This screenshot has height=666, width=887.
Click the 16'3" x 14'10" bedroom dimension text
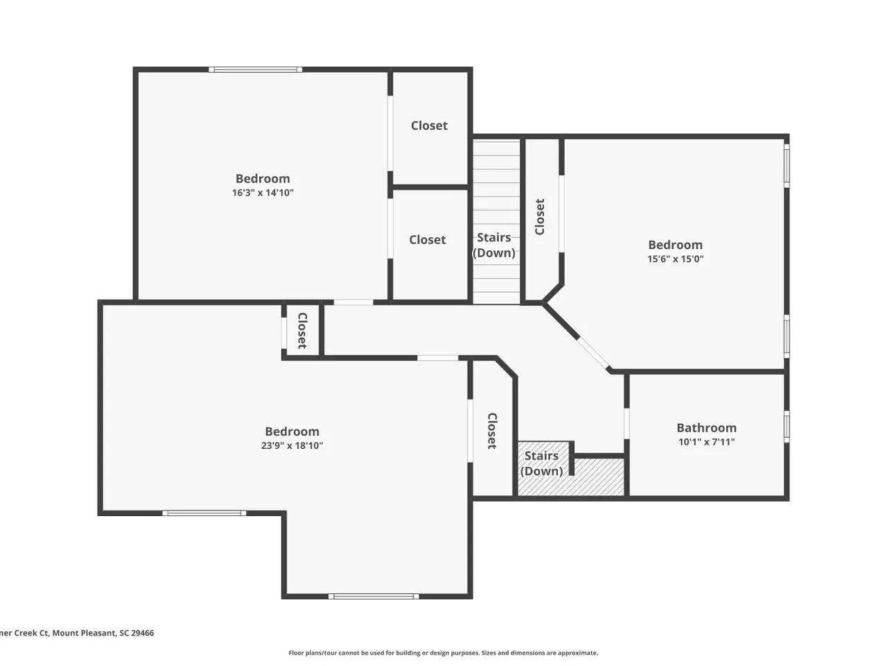pos(263,192)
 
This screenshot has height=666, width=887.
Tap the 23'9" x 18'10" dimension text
pos(292,445)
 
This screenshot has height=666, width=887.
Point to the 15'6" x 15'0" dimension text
pos(675,258)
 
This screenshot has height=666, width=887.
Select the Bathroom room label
pos(706,427)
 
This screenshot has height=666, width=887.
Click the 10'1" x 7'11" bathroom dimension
pos(706,442)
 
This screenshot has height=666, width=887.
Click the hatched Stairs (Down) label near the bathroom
pos(541,463)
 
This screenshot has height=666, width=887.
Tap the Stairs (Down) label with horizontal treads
pos(494,245)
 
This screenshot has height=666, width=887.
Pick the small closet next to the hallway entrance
pos(302,330)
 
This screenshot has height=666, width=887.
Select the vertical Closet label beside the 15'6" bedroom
pos(540,216)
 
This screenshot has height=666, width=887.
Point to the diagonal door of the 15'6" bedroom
pos(593,353)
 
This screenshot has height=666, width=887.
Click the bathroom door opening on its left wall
pos(626,423)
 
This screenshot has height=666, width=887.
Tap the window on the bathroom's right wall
pos(787,427)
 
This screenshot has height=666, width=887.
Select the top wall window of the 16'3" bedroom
pos(256,69)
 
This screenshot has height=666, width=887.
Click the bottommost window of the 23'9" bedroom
pos(374,596)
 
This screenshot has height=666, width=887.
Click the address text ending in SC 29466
pos(77,633)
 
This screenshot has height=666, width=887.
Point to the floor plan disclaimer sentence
pos(443,653)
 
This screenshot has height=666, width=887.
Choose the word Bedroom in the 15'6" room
pos(675,245)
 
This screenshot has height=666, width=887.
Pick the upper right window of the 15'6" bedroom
pos(787,166)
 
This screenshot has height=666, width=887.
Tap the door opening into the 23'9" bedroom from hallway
pos(438,358)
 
